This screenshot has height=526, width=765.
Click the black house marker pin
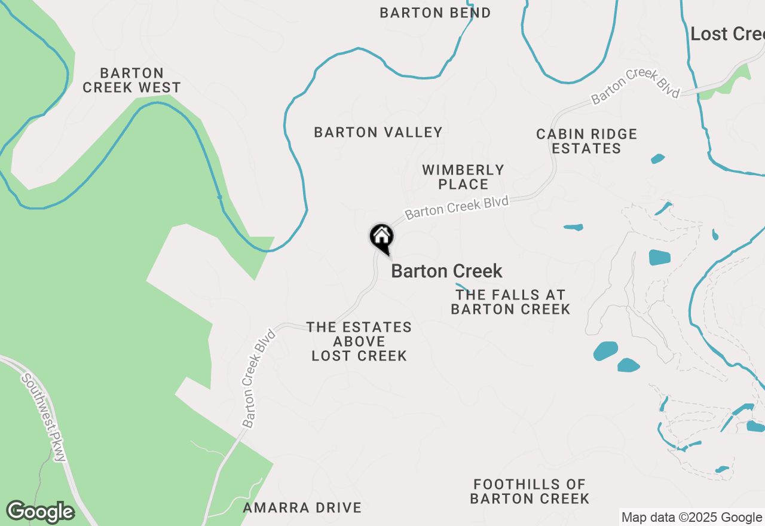tap(381, 237)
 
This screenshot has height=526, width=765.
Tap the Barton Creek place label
tap(446, 271)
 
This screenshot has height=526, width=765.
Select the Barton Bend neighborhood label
tap(435, 13)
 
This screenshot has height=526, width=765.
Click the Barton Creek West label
tap(131, 80)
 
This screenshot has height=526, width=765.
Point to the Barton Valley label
tap(378, 132)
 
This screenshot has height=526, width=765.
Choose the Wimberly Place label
tap(463, 177)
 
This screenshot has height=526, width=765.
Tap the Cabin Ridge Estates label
tap(586, 141)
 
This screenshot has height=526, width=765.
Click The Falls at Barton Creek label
tap(510, 302)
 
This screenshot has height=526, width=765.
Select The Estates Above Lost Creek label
tap(359, 341)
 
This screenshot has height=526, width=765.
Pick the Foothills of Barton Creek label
tap(530, 491)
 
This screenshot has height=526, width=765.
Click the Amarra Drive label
tap(302, 508)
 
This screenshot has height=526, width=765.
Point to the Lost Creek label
tap(727, 34)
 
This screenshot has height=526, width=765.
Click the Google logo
tap(40, 512)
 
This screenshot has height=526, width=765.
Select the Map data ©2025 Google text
tap(691, 518)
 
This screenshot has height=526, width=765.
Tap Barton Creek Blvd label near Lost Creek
tap(635, 87)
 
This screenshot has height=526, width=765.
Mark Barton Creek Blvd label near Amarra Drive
tap(258, 378)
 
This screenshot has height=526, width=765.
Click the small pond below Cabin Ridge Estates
tap(657, 159)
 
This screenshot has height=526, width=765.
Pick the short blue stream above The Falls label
tap(461, 288)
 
